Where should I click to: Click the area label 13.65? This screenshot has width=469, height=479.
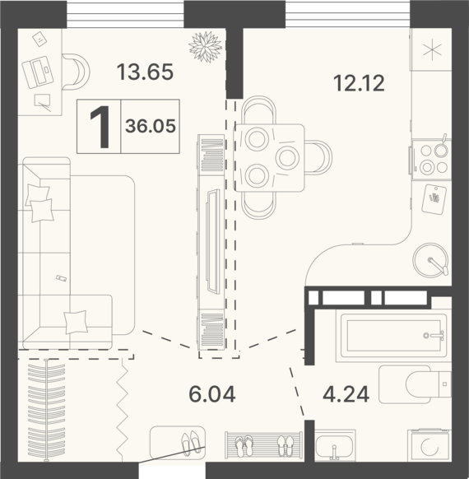[145, 72]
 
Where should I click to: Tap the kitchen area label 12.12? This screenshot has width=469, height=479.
[359, 83]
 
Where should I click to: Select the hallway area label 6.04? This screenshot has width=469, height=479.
[212, 394]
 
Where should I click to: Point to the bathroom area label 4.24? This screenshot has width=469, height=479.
[346, 394]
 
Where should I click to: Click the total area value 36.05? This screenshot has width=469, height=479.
[151, 126]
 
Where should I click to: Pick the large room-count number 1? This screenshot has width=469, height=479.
[100, 127]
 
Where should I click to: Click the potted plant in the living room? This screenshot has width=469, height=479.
[206, 47]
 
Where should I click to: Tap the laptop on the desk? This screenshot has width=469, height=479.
[38, 72]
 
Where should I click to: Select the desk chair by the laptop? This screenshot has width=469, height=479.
[76, 72]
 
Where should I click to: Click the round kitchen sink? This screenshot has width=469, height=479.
[431, 260]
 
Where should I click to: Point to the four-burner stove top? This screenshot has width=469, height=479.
[431, 159]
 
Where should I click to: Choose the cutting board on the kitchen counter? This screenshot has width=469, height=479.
[434, 199]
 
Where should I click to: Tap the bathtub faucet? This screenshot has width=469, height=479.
[434, 336]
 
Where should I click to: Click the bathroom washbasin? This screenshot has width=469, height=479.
[335, 446]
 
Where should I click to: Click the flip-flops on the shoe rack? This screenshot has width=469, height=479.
[244, 446]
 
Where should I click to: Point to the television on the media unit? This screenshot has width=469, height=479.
[213, 241]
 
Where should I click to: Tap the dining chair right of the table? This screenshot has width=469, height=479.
[318, 158]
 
